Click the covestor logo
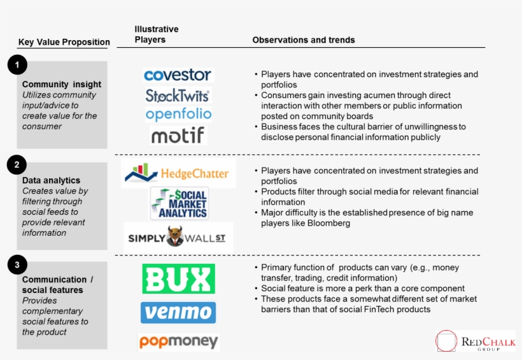178,75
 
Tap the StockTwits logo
178,96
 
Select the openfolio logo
178,115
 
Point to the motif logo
178,135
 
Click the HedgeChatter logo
178,174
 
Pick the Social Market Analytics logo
179,204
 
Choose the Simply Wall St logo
178,238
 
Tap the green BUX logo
178,279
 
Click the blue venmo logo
178,313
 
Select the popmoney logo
178,342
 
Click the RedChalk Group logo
475,341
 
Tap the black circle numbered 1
18,64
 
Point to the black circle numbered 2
18,165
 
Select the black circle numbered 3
18,265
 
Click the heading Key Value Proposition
64,42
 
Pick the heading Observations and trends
304,40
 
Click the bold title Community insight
62,84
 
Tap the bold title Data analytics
51,180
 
